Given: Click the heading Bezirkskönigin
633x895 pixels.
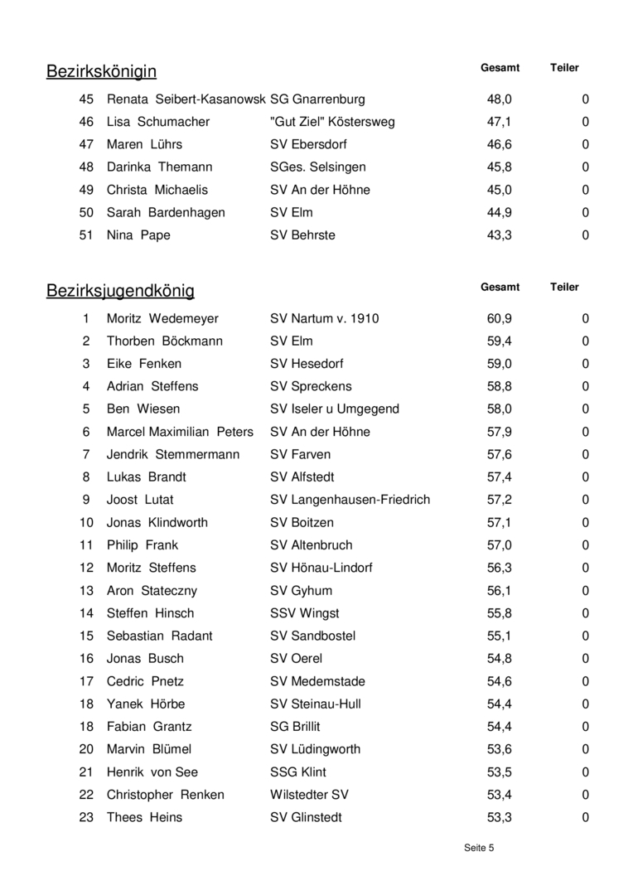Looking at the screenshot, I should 101,71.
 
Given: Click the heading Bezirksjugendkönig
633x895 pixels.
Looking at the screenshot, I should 120,291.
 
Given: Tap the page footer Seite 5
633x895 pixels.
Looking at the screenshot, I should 479,848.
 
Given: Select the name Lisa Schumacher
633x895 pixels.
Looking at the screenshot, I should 158,122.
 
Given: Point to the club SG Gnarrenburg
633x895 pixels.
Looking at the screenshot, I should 317,99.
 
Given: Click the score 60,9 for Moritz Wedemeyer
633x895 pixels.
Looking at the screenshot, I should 500,318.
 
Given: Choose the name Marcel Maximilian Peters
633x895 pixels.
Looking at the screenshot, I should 180,432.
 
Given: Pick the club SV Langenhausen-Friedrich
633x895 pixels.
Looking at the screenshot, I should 350,500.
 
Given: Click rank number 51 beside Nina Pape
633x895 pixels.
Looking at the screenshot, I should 86,235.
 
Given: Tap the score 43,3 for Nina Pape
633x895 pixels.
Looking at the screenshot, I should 500,235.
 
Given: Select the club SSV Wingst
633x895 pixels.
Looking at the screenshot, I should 304,613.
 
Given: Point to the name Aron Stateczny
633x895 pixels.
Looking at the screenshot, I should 152,591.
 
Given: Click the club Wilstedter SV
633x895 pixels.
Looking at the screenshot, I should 309,795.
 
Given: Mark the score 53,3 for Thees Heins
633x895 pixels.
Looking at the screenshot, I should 500,817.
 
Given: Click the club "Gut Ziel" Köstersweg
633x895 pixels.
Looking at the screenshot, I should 332,122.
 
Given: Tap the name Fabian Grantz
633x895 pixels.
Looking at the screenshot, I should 149,727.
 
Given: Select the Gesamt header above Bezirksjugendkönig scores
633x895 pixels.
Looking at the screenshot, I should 500,288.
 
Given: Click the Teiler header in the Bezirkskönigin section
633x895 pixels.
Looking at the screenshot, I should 564,68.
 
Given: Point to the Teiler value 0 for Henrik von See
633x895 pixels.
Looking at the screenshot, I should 586,772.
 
